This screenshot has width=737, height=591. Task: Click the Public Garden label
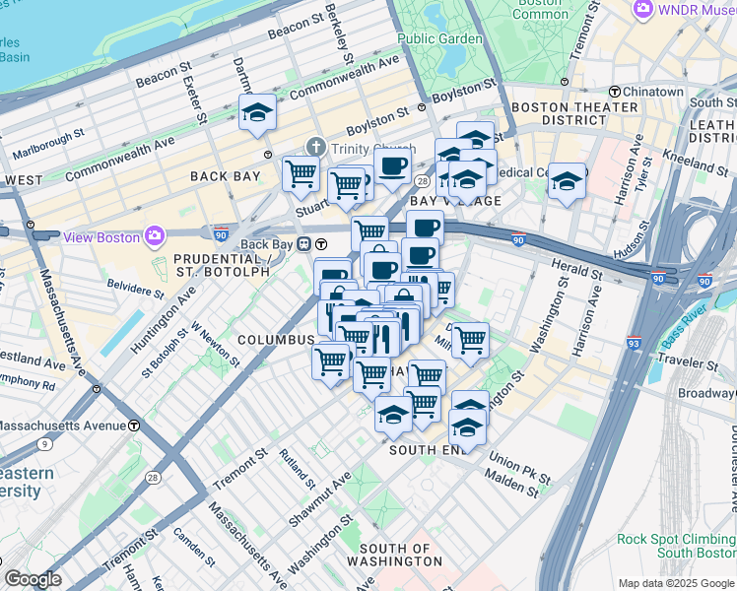(439, 39)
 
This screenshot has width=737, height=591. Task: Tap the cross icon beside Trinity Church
(316, 147)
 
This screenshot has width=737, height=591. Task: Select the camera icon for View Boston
(155, 236)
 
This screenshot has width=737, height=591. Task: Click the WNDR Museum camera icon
(644, 9)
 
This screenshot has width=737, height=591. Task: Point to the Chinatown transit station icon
(614, 92)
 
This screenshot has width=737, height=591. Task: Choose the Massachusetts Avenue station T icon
(134, 426)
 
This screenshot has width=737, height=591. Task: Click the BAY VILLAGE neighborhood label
(455, 201)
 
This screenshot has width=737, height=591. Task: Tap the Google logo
(33, 579)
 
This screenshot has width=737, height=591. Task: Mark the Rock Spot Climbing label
(675, 539)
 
